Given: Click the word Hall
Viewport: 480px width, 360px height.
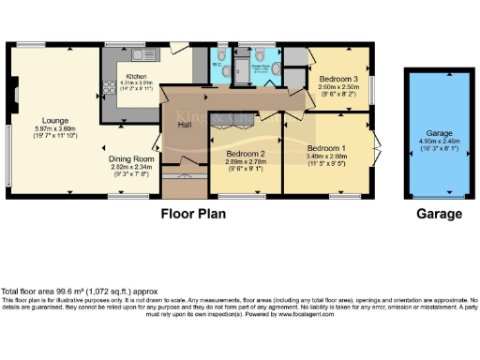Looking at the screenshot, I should (x=185, y=122).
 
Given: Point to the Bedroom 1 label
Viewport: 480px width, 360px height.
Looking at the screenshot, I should (x=326, y=148).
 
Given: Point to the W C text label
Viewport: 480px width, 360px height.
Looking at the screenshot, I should (x=217, y=65).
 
